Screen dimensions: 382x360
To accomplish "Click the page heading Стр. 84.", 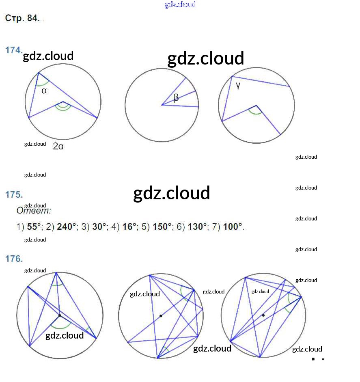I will click(x=22, y=18).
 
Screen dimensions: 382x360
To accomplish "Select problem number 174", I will click(x=13, y=50).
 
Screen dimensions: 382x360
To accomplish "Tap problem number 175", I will click(x=13, y=194).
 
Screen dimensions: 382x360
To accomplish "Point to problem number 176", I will click(x=13, y=258).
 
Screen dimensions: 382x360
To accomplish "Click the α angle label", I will click(x=44, y=91).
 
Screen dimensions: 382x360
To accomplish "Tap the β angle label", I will click(x=176, y=98).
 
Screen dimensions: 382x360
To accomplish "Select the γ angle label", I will click(x=238, y=86).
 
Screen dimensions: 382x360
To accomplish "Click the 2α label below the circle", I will click(x=58, y=147).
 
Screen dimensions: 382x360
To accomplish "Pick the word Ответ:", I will click(x=34, y=211).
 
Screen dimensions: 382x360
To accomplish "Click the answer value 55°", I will click(x=34, y=227).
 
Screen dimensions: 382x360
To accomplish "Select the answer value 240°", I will click(x=67, y=227).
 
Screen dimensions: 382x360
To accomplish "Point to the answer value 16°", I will click(x=129, y=227).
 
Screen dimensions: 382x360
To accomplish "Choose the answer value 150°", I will click(x=162, y=227).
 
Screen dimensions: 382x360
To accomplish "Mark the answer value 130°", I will click(x=198, y=227).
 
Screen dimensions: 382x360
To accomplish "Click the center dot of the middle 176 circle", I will click(x=161, y=316).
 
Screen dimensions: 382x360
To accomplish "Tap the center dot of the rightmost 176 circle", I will click(x=263, y=315).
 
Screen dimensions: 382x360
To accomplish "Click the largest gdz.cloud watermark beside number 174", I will click(x=205, y=58).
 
